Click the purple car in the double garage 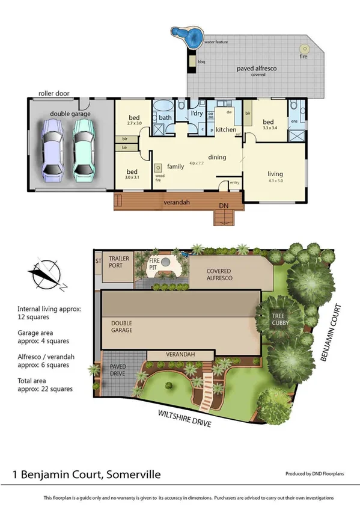pos(53,148)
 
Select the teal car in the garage pos(84,148)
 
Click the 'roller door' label pos(51,93)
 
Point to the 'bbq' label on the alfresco pos(201,62)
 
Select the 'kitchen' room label pos(226,130)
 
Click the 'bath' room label pos(165,117)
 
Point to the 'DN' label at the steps pos(224,206)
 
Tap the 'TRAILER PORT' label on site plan pos(119,262)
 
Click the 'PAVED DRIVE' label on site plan pos(118,370)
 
